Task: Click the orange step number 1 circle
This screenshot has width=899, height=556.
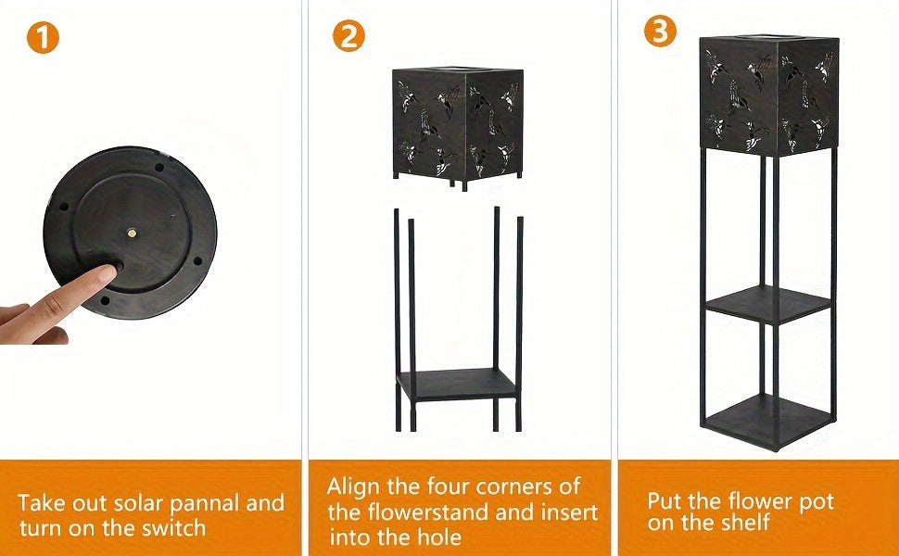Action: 43,38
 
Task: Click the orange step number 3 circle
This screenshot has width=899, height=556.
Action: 660,30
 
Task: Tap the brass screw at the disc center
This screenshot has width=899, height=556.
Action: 133,233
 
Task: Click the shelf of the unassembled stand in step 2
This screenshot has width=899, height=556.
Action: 457,383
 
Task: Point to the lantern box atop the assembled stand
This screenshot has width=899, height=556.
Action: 768,95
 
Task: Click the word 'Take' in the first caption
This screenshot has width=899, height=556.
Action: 42,503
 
